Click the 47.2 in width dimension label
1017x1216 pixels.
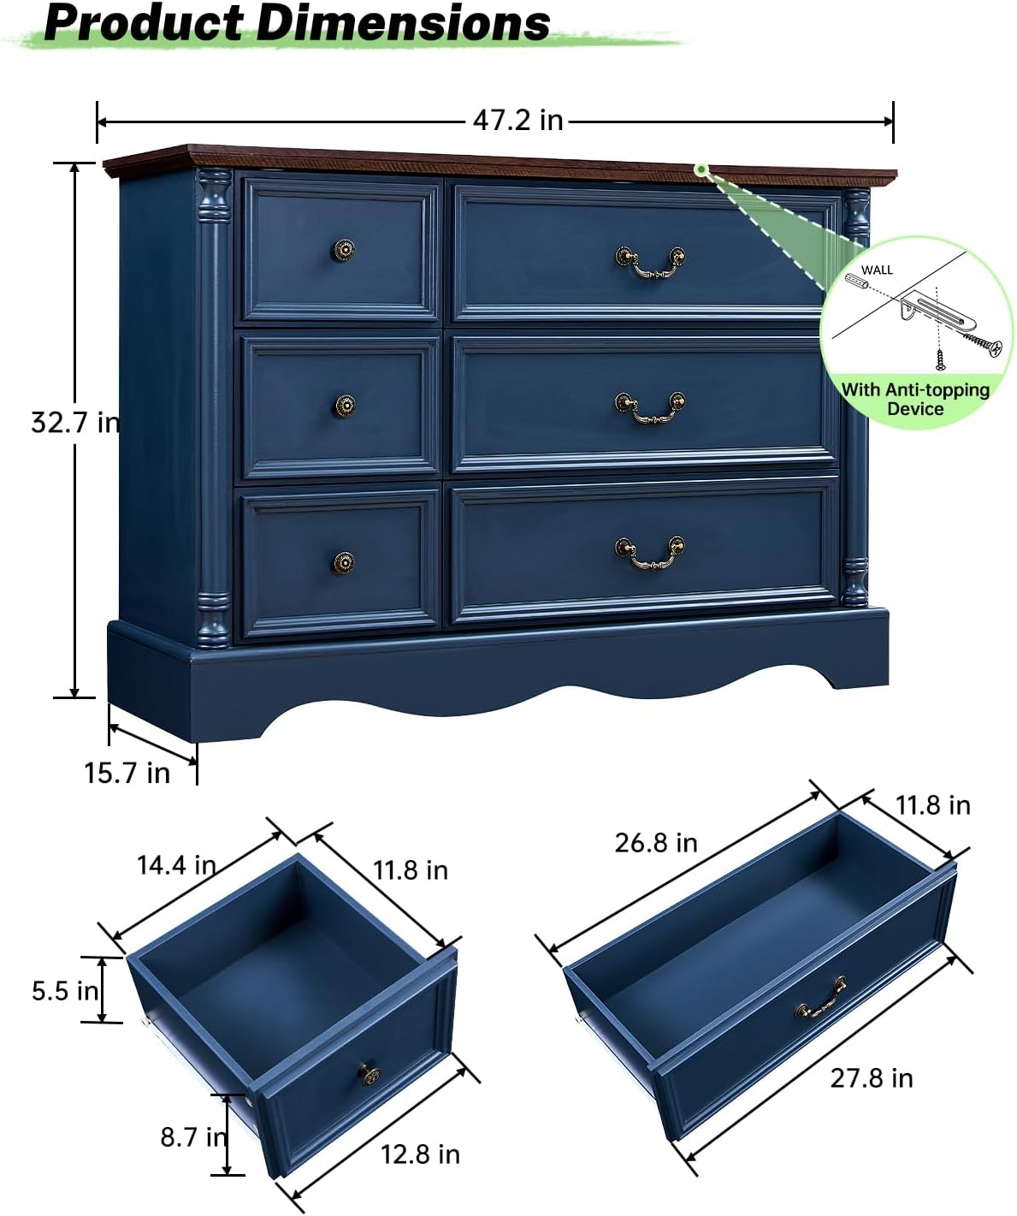click(x=517, y=121)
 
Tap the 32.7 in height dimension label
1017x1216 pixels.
click(x=75, y=422)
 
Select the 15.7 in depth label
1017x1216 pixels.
click(x=127, y=773)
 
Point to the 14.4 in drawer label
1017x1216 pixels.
click(x=176, y=865)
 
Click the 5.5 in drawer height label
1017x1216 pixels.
click(x=65, y=991)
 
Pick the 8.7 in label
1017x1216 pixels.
click(x=193, y=1136)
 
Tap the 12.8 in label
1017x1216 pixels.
click(x=420, y=1154)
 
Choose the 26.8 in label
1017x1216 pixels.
click(x=656, y=843)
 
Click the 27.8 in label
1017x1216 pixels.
click(x=872, y=1078)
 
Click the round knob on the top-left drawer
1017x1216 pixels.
click(x=344, y=250)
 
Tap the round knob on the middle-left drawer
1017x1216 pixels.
click(x=345, y=405)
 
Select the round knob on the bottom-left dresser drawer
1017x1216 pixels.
click(x=344, y=562)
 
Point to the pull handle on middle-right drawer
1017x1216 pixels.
click(x=650, y=408)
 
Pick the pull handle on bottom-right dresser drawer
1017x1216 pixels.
click(x=650, y=553)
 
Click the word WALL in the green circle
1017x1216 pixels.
click(x=877, y=270)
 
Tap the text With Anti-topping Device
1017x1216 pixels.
click(x=915, y=399)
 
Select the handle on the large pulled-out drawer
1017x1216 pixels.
click(x=821, y=999)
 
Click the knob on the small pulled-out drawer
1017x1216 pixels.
click(x=369, y=1073)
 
